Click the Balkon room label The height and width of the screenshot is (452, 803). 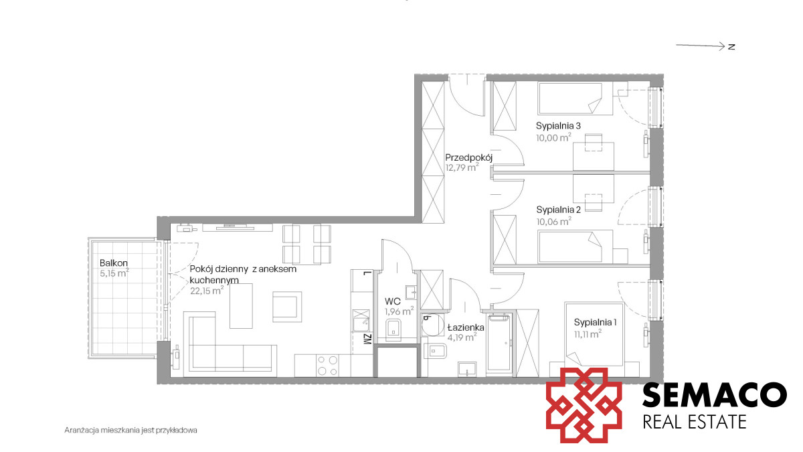(x=114, y=263)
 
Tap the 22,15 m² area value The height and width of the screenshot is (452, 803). (x=207, y=290)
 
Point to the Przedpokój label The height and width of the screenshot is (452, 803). (x=469, y=157)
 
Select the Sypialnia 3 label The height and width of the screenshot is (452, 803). (x=558, y=126)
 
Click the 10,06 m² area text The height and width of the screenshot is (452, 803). (x=554, y=222)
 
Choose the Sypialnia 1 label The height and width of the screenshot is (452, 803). (x=595, y=322)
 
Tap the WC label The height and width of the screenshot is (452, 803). (x=393, y=301)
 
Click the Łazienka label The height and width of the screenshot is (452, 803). (x=466, y=327)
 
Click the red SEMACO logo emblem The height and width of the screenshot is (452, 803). (x=584, y=404)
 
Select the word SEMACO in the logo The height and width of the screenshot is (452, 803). (x=714, y=395)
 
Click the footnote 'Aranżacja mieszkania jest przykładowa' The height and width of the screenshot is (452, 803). (x=131, y=430)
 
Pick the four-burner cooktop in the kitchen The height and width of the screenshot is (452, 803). (x=328, y=366)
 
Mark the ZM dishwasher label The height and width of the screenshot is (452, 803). (x=367, y=339)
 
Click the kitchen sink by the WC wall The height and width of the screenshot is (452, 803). (x=361, y=321)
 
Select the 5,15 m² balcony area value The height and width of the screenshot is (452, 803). (x=114, y=273)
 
